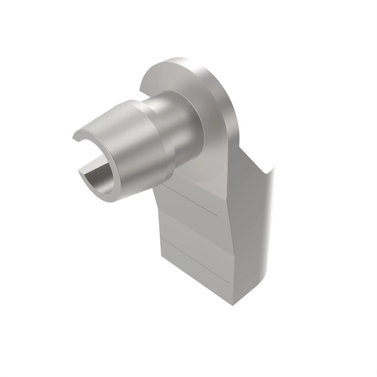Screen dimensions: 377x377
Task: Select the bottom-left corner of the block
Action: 162,259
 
